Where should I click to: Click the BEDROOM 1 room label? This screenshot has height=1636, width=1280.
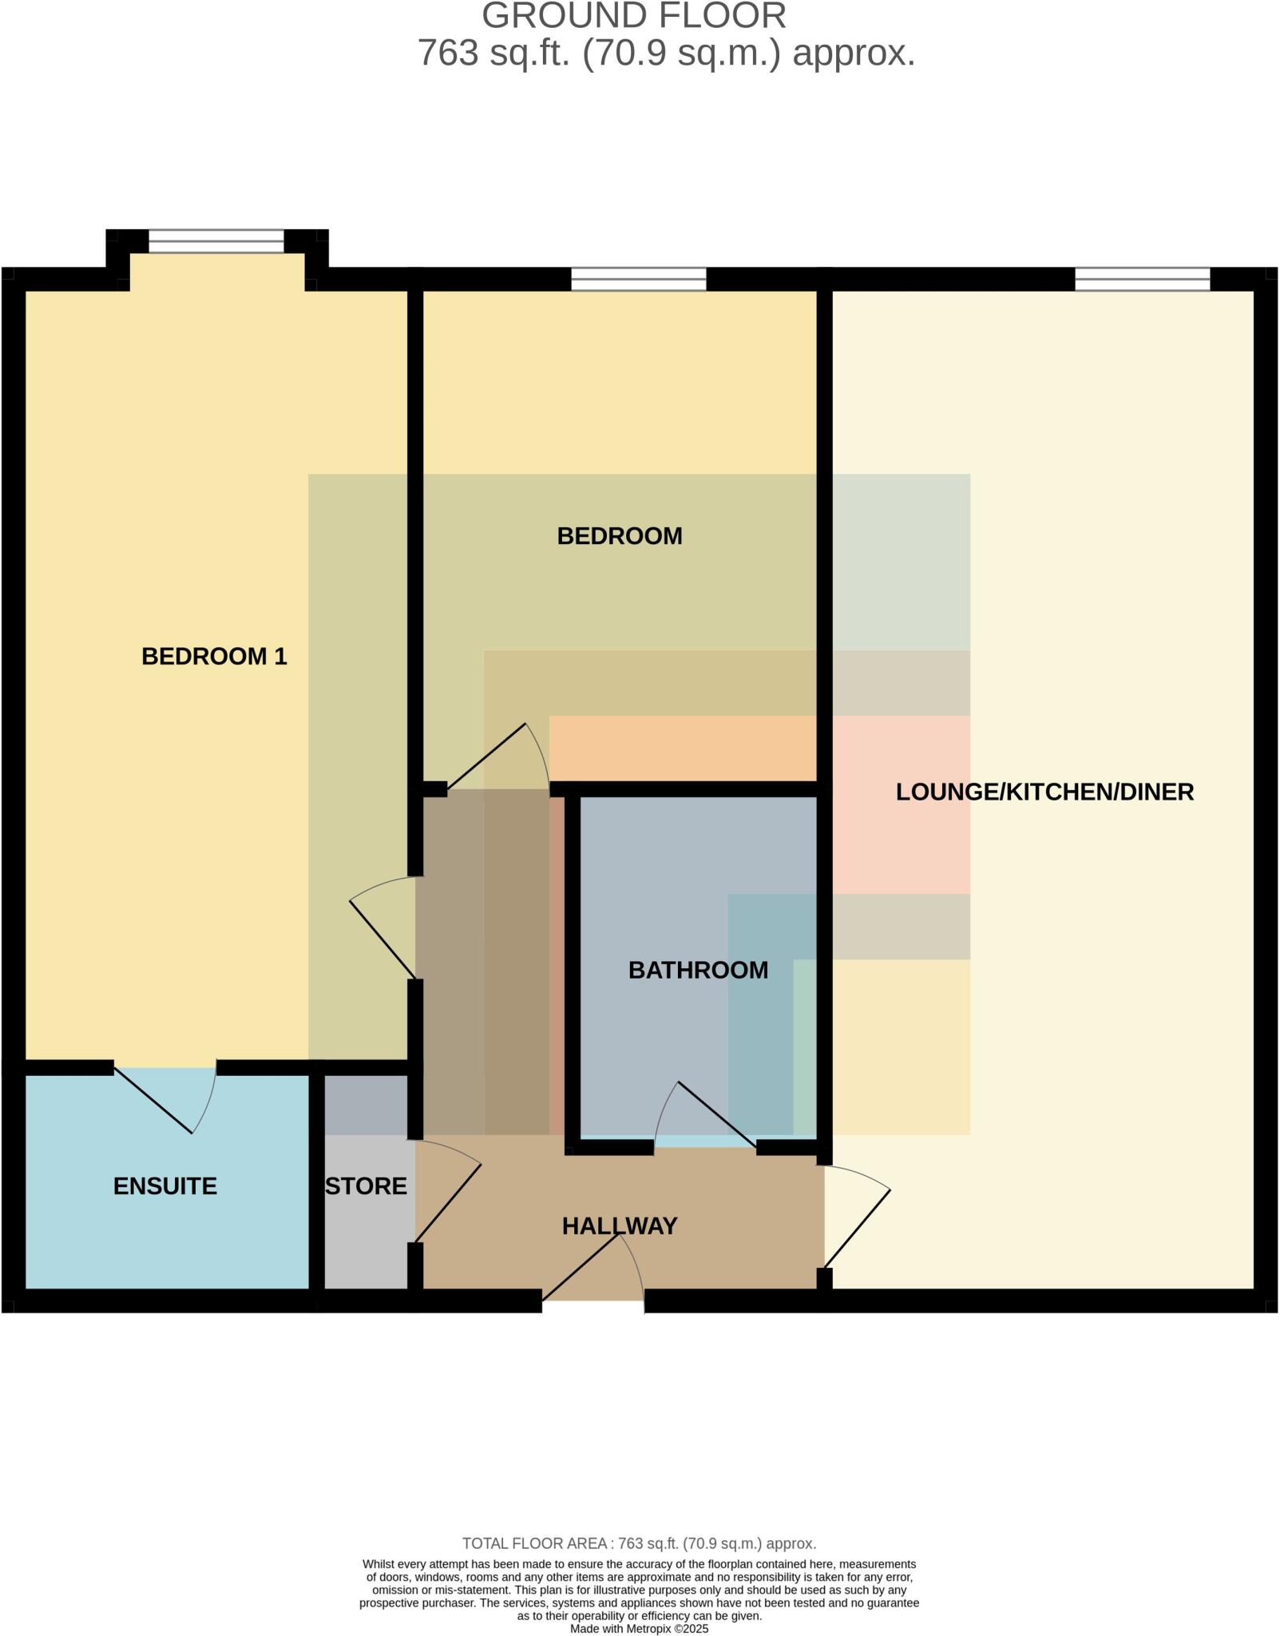tap(214, 657)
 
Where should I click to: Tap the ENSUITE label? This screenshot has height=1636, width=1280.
tap(164, 1186)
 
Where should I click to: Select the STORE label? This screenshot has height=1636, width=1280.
tap(366, 1186)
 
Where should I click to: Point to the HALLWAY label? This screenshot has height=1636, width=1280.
tap(619, 1226)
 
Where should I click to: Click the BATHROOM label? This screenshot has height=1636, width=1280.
tap(698, 970)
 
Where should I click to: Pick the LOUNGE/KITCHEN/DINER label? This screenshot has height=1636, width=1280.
tap(1044, 792)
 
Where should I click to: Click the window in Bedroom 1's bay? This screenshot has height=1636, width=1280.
tap(216, 240)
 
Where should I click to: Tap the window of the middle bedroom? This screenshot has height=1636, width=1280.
tap(639, 279)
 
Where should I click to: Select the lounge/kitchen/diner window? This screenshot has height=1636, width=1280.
tap(1142, 279)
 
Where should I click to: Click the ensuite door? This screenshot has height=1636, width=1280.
tap(164, 1098)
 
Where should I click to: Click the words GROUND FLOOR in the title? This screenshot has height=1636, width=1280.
tap(634, 16)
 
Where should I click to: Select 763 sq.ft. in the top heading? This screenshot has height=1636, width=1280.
tap(495, 54)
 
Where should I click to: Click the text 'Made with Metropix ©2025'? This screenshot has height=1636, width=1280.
tap(639, 1629)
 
